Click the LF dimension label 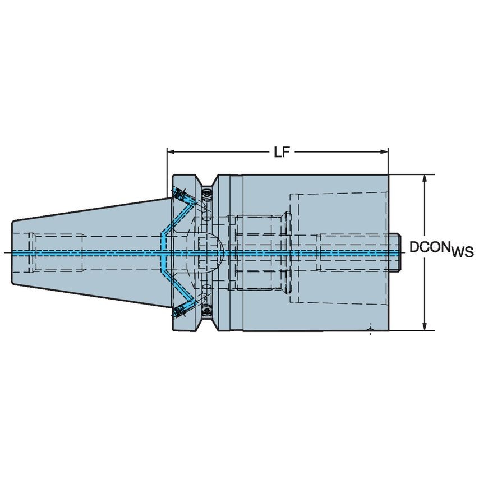[282, 152]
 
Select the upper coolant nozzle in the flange [181, 195]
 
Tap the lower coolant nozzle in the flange [181, 310]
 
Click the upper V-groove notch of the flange [206, 182]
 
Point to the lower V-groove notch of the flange [206, 323]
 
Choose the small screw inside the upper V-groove [206, 194]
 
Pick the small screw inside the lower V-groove [206, 310]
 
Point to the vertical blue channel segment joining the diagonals [162, 252]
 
